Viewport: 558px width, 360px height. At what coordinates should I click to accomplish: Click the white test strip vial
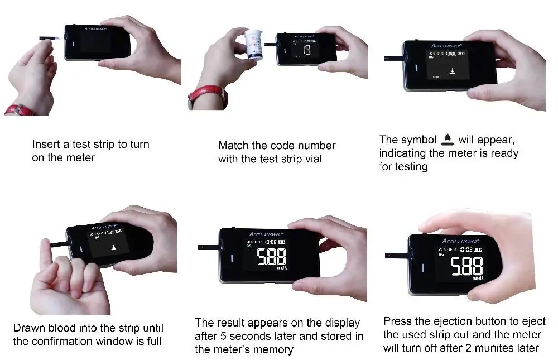256,45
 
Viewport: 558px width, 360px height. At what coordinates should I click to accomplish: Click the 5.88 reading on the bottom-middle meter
271,257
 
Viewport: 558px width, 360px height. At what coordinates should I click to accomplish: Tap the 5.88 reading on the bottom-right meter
466,267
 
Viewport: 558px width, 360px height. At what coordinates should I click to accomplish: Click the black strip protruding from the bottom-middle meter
208,247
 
